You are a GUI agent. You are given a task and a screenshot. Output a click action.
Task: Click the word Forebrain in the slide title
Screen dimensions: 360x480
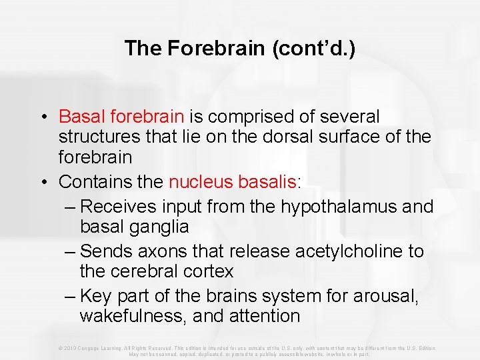[x=199, y=48]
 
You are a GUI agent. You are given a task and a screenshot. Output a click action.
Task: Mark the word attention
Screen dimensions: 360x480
[x=263, y=316]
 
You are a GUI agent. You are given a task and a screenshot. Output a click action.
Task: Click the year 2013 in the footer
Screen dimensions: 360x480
[x=70, y=348]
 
